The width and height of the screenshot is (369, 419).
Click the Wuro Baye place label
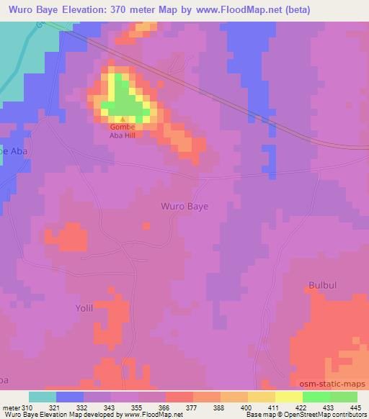point(184,206)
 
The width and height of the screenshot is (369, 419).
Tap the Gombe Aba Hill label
point(122,131)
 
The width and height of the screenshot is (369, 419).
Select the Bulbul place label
point(322,284)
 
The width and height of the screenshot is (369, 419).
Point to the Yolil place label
point(85,307)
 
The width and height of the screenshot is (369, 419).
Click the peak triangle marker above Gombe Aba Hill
point(123,120)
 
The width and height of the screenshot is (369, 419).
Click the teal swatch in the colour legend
point(43,396)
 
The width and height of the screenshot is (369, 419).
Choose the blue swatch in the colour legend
point(70,396)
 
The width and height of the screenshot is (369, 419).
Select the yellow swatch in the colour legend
point(289,396)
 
